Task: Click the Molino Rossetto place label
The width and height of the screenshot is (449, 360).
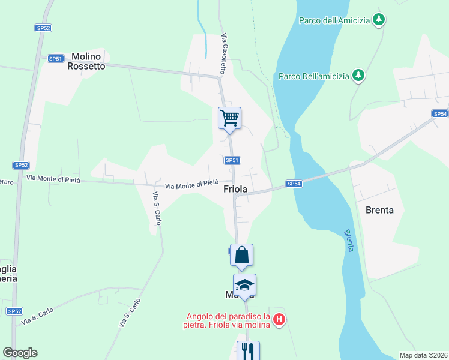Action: tap(88, 61)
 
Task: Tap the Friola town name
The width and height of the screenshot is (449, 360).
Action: tap(236, 188)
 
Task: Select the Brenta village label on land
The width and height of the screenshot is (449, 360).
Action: tap(379, 210)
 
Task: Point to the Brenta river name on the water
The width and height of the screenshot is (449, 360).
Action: tap(349, 240)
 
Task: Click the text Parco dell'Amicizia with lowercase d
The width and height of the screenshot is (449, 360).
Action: tap(333, 20)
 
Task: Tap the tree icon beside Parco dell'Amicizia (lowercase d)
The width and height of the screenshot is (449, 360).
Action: tap(378, 20)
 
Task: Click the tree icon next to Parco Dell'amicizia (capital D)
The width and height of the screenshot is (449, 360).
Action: tap(358, 75)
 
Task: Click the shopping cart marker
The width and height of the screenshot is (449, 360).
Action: tap(229, 118)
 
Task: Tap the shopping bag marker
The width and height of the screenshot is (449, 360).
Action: tap(241, 254)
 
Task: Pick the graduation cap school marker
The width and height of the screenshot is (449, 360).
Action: tap(244, 284)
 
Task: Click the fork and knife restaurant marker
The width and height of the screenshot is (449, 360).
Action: tap(248, 350)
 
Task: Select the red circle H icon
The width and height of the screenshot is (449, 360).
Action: tap(279, 320)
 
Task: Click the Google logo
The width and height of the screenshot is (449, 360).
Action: tap(20, 352)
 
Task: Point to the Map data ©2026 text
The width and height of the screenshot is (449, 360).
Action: tap(423, 355)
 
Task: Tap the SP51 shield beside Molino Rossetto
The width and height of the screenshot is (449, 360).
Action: tap(56, 58)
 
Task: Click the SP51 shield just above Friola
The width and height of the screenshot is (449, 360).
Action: tap(232, 160)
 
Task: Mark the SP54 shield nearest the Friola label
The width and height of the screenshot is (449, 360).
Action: tap(293, 184)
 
